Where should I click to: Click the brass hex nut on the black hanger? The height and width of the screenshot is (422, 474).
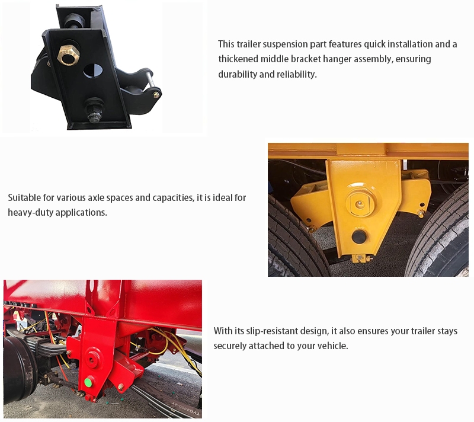coord(68,55)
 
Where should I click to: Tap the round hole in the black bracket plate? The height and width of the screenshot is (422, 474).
coord(93,71)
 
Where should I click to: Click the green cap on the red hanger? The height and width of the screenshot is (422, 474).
coord(88,382)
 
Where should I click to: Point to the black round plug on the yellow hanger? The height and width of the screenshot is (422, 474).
coord(359,236)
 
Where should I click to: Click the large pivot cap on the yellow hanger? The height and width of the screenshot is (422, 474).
coord(360,203)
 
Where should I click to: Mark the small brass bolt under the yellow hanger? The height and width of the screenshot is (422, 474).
coord(360,258)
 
